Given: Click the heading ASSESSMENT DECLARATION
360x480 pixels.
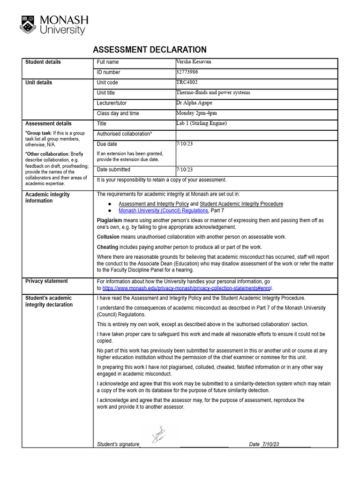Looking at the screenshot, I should [150, 50].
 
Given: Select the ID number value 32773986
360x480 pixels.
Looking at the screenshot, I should [187, 72].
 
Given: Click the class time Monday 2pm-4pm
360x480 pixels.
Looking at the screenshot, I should [196, 113].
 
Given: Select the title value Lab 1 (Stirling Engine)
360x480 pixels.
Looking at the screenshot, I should [201, 123].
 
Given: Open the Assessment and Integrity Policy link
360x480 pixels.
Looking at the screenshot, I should [153, 204].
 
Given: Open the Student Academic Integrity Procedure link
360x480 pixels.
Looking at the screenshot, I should [241, 204].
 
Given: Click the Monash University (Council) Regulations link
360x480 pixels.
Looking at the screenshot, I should [163, 210].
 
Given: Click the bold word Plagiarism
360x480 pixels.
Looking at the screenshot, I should [109, 220].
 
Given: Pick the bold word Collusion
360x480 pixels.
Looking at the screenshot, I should [108, 237].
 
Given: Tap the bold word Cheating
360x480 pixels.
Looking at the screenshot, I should [107, 247].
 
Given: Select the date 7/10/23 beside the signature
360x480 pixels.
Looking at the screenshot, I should [270, 444].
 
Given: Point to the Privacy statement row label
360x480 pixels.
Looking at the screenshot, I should [46, 281].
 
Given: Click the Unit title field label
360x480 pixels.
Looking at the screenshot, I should [105, 93].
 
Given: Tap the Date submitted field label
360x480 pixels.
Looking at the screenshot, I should [113, 170].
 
